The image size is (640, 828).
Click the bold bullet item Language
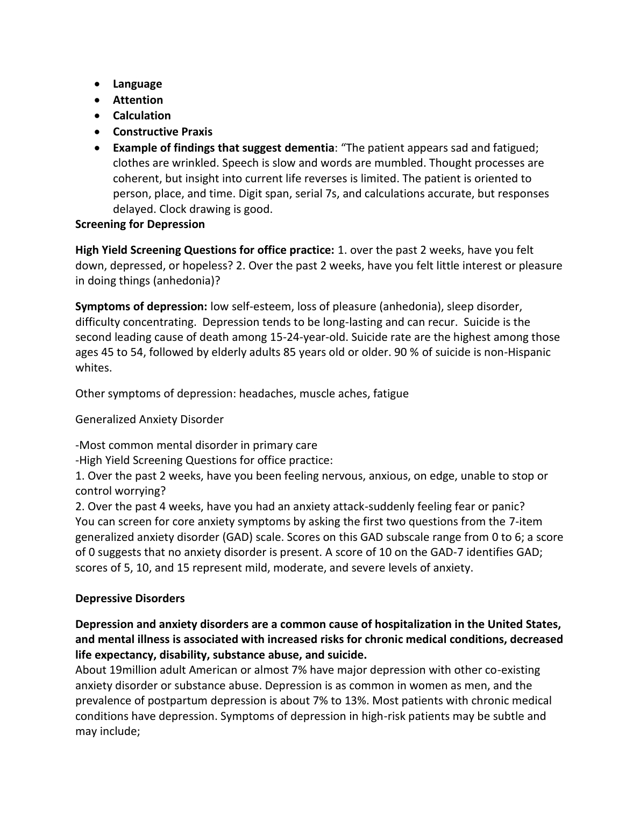click(137, 84)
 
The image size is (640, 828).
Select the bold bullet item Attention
click(138, 100)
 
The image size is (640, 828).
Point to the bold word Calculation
click(141, 116)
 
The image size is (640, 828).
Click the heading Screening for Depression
click(140, 224)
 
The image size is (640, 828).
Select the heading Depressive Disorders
click(130, 598)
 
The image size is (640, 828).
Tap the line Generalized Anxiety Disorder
click(150, 419)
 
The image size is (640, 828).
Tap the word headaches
click(267, 394)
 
